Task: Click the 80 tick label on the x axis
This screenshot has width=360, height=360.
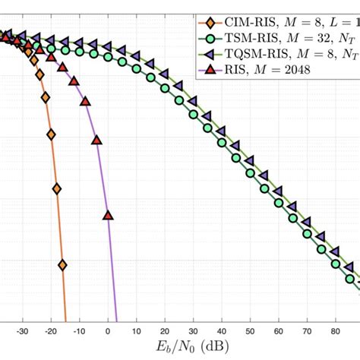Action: [336, 331]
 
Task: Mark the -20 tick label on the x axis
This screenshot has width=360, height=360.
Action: [50, 331]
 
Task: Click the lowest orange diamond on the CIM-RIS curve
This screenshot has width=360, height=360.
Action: [62, 264]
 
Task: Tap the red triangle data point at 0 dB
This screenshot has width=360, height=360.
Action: [108, 216]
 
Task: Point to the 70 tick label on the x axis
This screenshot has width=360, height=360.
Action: [308, 331]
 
